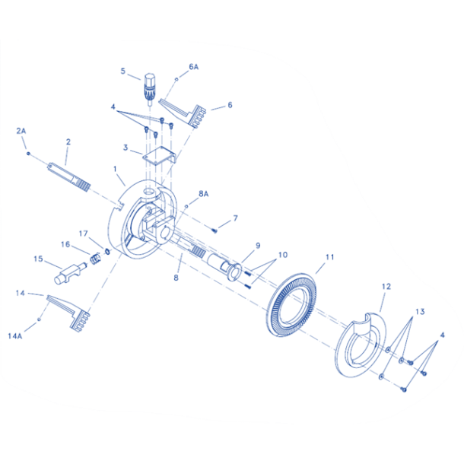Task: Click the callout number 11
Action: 329,257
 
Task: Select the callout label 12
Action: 386,287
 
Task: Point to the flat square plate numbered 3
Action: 159,155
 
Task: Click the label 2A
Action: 21,131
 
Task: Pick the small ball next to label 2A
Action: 28,154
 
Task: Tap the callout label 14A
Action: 14,336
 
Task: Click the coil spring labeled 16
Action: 95,259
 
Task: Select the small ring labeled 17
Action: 107,252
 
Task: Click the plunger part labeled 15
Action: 70,273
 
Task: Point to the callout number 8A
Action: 204,194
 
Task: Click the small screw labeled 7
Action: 215,230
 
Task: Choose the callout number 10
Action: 283,255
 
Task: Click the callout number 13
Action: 420,312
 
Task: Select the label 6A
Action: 193,67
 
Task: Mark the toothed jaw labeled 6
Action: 183,113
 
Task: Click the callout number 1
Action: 115,169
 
